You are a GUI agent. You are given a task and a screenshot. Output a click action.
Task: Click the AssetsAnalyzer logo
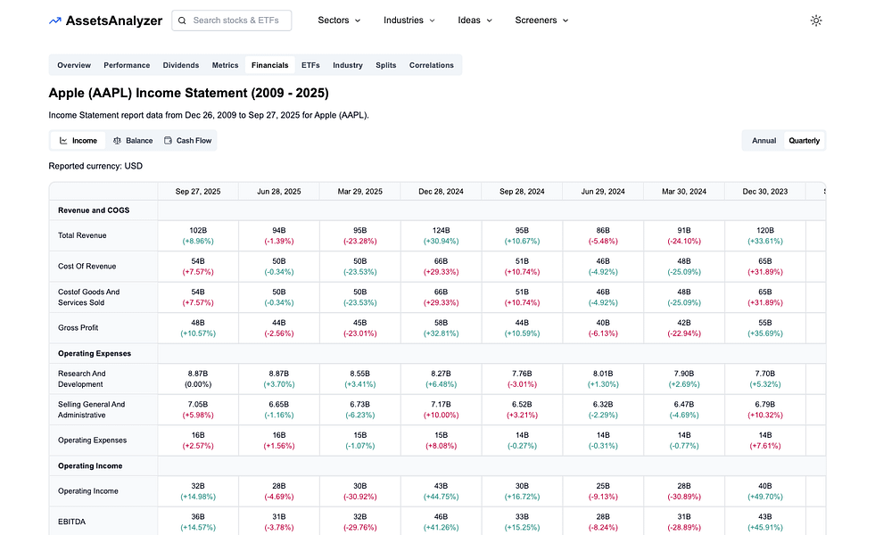pyautogui.click(x=105, y=21)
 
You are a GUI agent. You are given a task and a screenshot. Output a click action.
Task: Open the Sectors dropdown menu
pyautogui.click(x=339, y=21)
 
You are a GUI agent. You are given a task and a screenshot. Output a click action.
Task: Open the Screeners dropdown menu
pyautogui.click(x=541, y=21)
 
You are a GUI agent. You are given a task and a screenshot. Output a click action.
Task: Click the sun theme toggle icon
pyautogui.click(x=815, y=21)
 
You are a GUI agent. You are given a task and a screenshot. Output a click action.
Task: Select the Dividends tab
pyautogui.click(x=181, y=65)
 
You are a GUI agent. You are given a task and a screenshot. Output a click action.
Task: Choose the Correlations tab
pyautogui.click(x=432, y=65)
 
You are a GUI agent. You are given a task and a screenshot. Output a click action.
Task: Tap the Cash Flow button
pyautogui.click(x=187, y=141)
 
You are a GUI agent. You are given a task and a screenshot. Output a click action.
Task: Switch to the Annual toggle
pyautogui.click(x=764, y=141)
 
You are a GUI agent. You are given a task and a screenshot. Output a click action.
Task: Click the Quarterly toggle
pyautogui.click(x=804, y=141)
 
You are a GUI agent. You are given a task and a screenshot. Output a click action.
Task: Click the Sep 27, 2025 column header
pyautogui.click(x=198, y=191)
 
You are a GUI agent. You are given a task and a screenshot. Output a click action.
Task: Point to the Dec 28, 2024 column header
pyautogui.click(x=441, y=191)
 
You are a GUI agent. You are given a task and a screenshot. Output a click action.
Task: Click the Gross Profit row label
pyautogui.click(x=78, y=328)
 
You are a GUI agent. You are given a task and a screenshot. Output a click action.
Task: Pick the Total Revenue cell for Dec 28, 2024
pyautogui.click(x=441, y=235)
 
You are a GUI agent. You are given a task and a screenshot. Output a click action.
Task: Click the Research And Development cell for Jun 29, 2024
pyautogui.click(x=603, y=379)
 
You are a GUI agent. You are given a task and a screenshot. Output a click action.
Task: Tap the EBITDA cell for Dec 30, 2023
pyautogui.click(x=764, y=522)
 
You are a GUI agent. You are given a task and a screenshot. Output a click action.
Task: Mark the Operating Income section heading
pyautogui.click(x=90, y=466)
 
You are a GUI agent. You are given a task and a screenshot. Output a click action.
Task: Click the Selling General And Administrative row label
pyautogui.click(x=92, y=409)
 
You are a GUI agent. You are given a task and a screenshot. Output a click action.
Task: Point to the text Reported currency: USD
pyautogui.click(x=95, y=166)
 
